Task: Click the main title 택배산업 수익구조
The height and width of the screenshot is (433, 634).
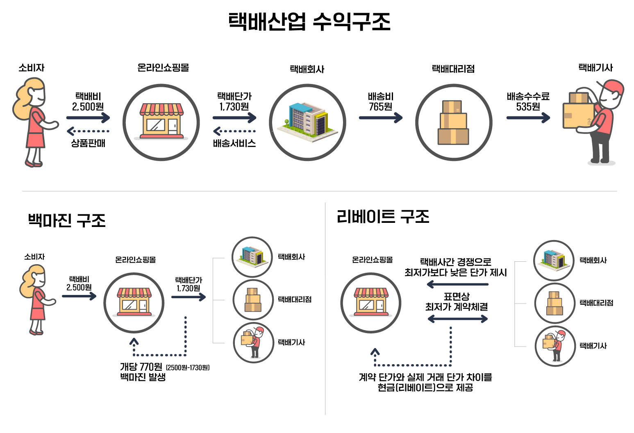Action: tap(309, 21)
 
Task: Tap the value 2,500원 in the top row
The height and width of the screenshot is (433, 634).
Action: tap(88, 107)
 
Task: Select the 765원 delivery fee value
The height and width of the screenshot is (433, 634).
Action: tap(380, 107)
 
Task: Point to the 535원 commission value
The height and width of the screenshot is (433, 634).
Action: tap(528, 107)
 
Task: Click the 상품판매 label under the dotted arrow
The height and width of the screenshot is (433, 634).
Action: tap(88, 143)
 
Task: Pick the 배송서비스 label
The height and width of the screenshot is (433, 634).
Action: tap(234, 143)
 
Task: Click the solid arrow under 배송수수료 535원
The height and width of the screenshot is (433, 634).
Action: tap(528, 118)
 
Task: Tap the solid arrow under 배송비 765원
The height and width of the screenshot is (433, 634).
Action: tap(380, 118)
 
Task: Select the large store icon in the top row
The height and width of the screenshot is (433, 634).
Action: tap(161, 122)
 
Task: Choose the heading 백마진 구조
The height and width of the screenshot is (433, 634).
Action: tap(67, 220)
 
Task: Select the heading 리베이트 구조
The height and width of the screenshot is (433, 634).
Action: tap(383, 216)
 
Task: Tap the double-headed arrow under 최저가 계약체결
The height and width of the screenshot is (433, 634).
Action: tap(457, 319)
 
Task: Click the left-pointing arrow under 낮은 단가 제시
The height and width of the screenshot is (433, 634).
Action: tap(457, 284)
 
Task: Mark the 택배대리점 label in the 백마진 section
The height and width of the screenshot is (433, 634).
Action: tap(295, 299)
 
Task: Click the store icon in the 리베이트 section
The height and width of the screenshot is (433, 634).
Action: tap(371, 302)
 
